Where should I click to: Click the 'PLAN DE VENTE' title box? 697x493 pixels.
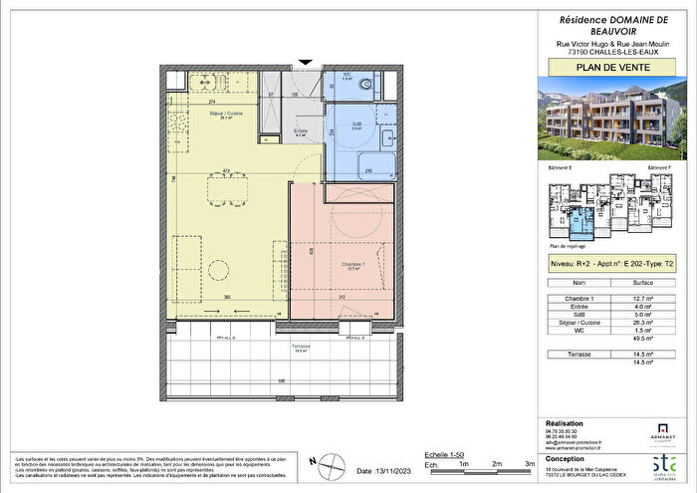(610, 68)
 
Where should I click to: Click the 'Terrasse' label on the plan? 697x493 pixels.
(302, 347)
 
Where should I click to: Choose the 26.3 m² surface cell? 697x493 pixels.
(642, 323)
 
